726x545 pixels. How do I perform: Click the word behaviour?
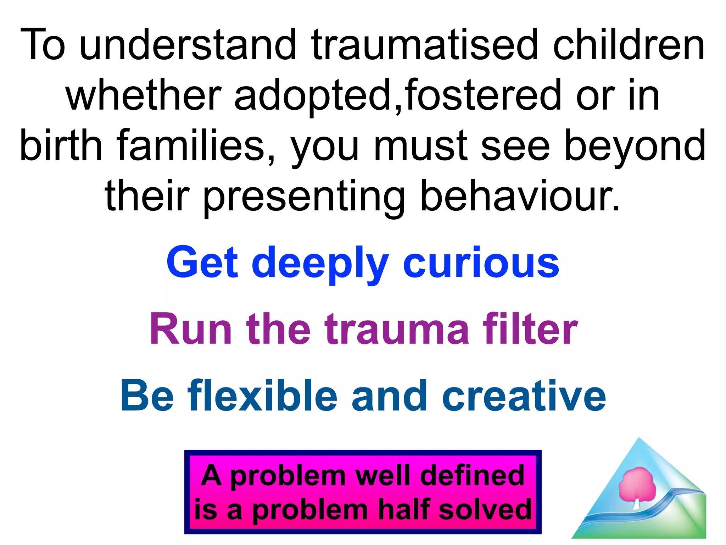520,196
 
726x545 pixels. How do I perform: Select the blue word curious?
481,263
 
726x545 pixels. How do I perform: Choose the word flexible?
262,396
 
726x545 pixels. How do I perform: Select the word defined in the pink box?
472,475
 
